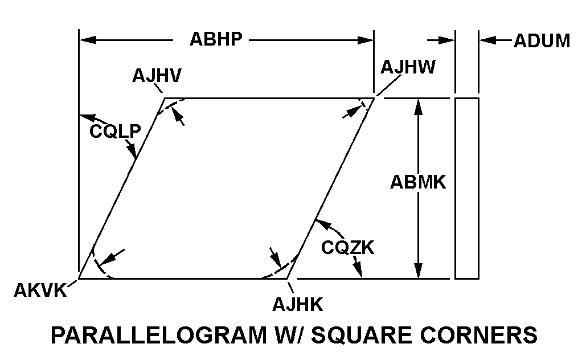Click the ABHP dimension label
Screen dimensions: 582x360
tap(216, 39)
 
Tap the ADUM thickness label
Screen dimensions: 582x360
tap(542, 41)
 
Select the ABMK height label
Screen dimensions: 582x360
tap(418, 182)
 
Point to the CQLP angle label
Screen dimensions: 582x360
tap(115, 131)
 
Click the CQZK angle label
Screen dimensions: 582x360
tap(348, 248)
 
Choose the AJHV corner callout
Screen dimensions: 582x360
tap(157, 76)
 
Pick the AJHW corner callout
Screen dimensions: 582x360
tap(408, 67)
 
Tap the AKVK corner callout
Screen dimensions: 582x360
tap(40, 291)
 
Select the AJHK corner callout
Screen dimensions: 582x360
tap(298, 305)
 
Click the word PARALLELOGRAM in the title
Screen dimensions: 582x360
tap(159, 335)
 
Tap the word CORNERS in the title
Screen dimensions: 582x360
tap(479, 335)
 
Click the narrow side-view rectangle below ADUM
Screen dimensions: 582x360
tap(467, 188)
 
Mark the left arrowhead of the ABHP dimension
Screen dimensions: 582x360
tap(88, 40)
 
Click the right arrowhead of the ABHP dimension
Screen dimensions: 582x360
tap(365, 40)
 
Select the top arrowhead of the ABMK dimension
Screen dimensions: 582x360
tap(419, 107)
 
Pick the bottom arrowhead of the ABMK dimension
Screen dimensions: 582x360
tap(419, 270)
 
